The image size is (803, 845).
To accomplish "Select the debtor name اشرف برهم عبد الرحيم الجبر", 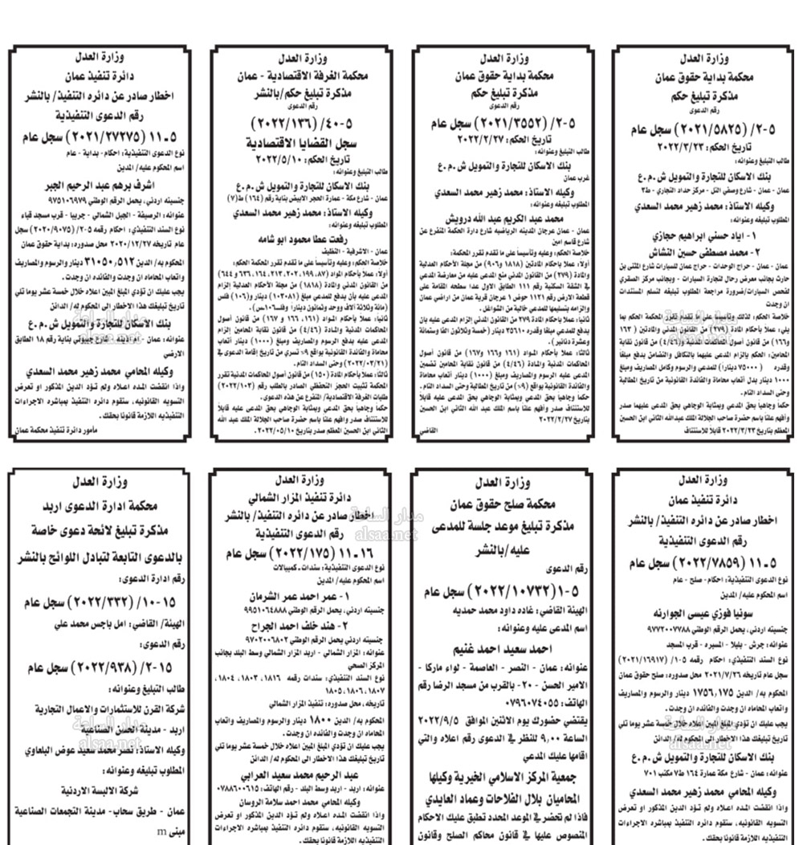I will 104,182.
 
